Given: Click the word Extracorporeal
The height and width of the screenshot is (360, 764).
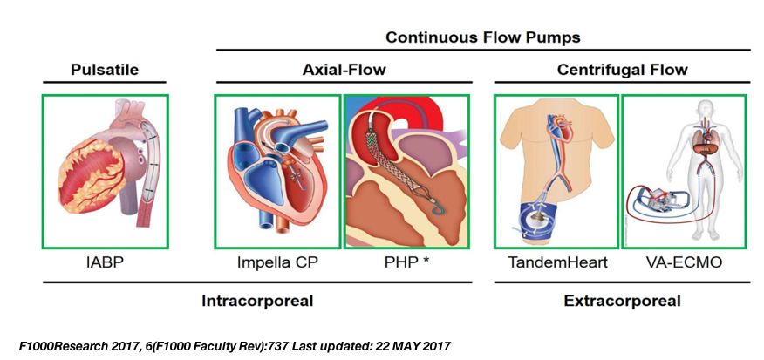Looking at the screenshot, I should [622, 301].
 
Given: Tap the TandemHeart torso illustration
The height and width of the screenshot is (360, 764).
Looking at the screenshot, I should [556, 169].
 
